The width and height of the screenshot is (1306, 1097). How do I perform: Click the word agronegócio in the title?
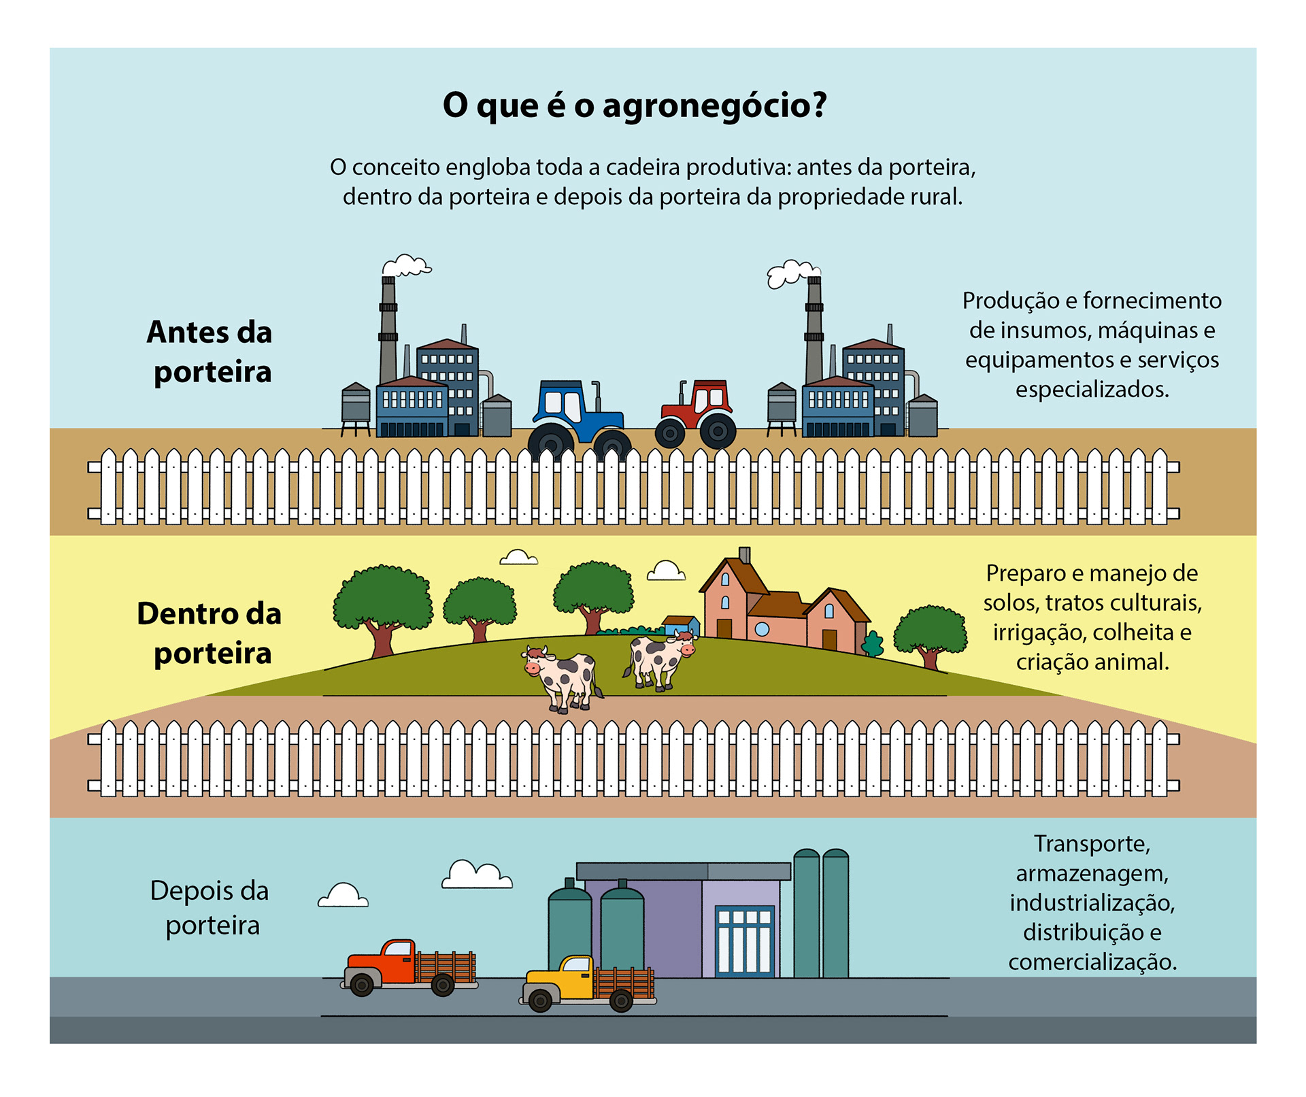714,105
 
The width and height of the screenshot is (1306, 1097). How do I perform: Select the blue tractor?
578,415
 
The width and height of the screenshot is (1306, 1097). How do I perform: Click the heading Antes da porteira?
210,352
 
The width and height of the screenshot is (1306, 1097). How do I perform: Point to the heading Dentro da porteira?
210,633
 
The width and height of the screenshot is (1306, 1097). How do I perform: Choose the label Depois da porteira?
210,908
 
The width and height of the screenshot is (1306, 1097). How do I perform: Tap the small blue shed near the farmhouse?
681,625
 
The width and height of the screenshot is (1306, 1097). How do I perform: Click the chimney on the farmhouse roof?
745,555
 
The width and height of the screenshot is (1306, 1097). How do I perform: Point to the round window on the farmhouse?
763,629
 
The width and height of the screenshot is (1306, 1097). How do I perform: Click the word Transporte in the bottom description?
1092,844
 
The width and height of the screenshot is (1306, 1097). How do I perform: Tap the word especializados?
1092,390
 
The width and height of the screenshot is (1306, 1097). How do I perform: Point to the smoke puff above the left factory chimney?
407,265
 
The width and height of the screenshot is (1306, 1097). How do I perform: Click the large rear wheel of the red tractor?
718,431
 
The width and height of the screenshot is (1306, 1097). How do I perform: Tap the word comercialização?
1092,962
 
